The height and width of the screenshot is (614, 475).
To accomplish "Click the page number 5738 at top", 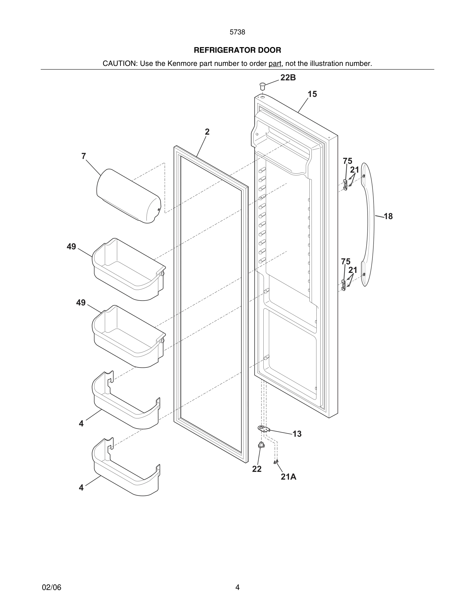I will tap(237, 32).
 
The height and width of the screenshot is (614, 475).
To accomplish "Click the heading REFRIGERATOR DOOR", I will tap(237, 50).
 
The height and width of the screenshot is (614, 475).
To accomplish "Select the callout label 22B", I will tap(288, 78).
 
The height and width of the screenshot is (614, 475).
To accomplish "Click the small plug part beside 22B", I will tap(263, 86).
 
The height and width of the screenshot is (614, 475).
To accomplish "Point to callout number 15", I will tap(312, 94).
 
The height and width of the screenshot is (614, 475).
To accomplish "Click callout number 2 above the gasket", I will tap(207, 132).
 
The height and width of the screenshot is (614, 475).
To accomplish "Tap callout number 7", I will tap(84, 156).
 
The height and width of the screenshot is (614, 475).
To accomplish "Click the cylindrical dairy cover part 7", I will tap(128, 196).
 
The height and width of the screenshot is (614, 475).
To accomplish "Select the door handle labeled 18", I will tap(369, 225).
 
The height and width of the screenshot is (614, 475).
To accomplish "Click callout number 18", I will tap(388, 217).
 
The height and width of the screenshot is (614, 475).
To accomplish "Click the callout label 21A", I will tap(288, 477).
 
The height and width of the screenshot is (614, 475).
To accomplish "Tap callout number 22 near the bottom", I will tap(257, 469).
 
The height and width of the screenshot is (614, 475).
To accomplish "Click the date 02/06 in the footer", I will tap(51, 588).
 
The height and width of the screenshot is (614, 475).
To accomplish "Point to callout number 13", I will tap(297, 434).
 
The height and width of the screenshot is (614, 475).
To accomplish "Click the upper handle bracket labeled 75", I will tap(345, 185).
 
